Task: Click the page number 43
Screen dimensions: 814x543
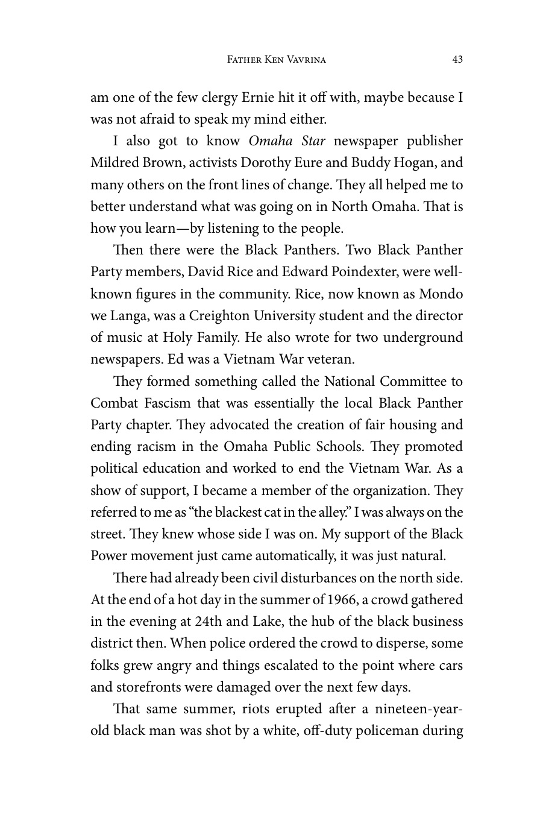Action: (x=457, y=59)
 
